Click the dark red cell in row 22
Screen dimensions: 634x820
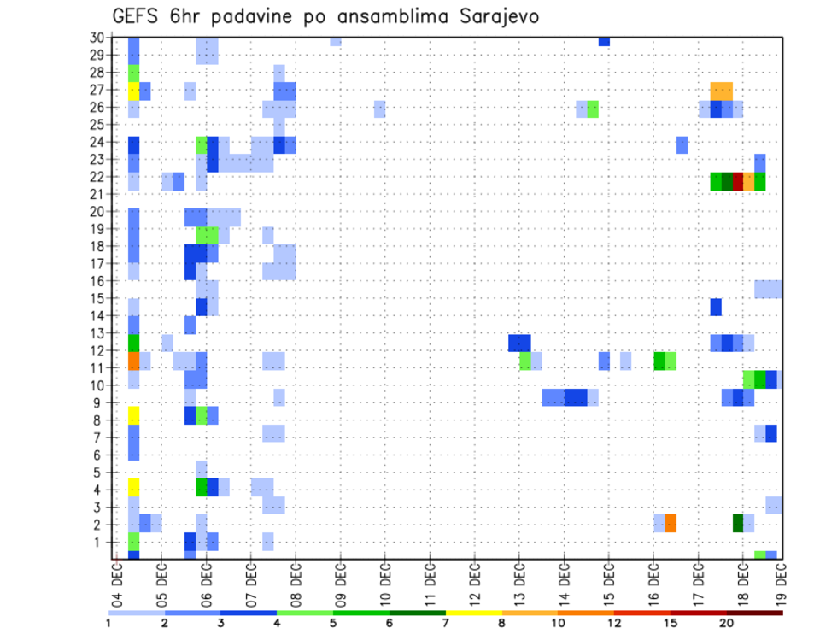click(x=738, y=182)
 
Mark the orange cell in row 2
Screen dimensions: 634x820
click(x=671, y=523)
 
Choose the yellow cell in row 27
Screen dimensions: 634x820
click(x=133, y=91)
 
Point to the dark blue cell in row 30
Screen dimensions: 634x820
click(x=604, y=41)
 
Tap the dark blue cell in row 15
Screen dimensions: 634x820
click(x=716, y=307)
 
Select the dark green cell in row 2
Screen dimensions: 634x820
click(x=738, y=523)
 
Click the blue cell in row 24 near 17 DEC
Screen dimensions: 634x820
click(x=682, y=145)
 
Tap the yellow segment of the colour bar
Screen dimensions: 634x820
click(x=474, y=613)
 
